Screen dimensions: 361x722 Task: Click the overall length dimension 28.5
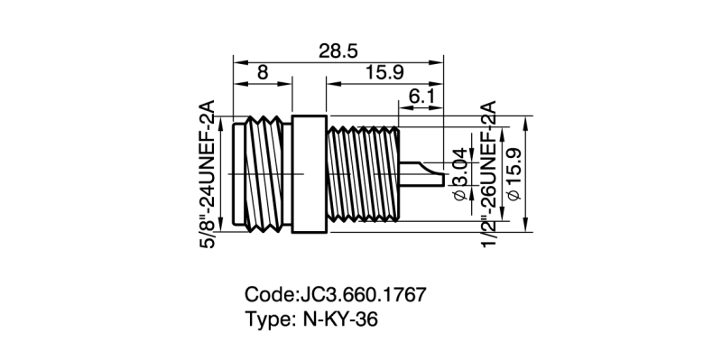point(338,50)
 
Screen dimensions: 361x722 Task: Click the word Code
point(268,295)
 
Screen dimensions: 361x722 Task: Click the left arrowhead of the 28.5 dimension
point(238,61)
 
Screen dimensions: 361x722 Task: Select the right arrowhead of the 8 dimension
point(290,85)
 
